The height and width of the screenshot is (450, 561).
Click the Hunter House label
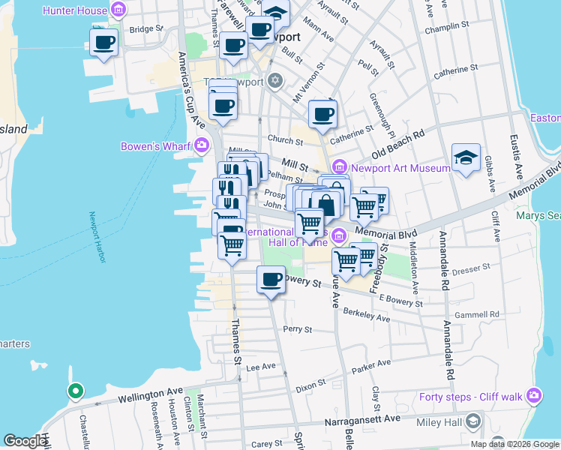[75, 10]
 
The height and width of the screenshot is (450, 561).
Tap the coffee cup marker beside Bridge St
[103, 43]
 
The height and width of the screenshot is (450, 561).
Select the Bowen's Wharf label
[156, 145]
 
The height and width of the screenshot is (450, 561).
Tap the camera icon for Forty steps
[534, 394]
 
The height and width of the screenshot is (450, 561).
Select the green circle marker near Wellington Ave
[74, 391]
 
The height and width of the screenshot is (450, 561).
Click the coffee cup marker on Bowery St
[271, 280]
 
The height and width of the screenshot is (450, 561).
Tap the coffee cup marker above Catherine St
[322, 115]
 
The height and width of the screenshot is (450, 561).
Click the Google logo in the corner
[25, 441]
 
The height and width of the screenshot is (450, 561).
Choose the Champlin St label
[447, 31]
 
